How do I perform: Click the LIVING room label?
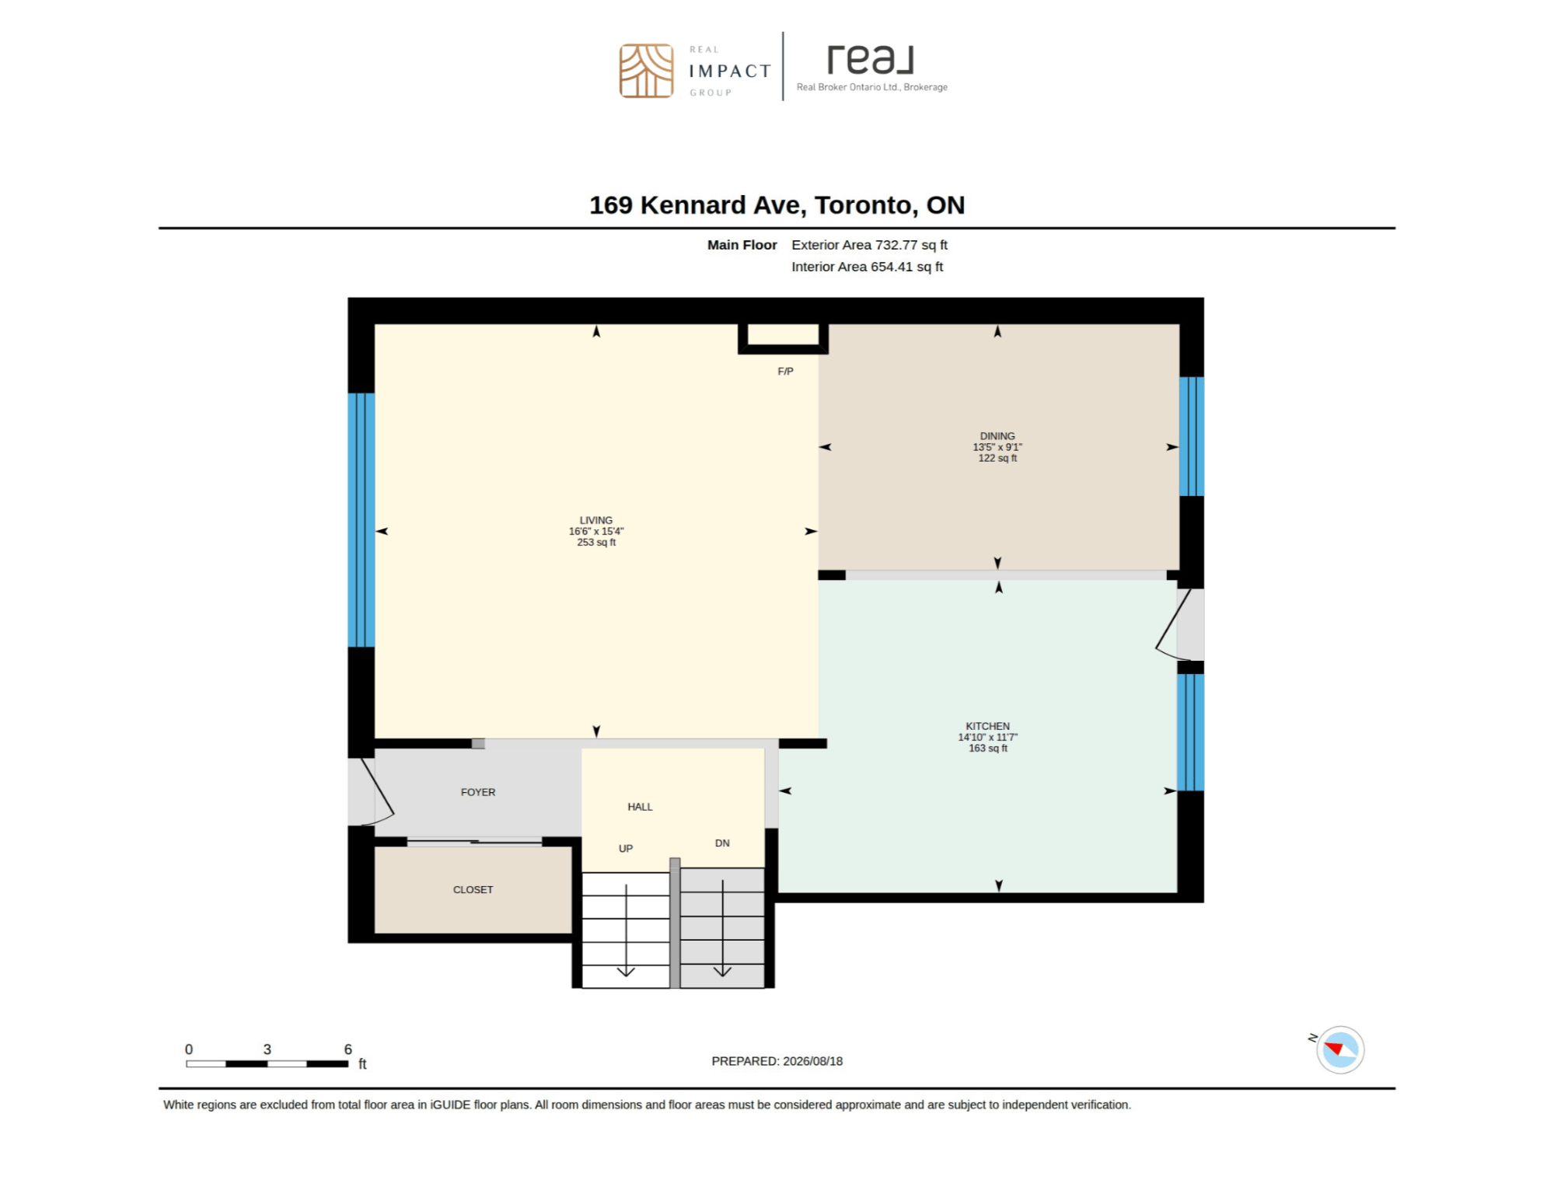coord(595,520)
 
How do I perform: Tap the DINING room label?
coord(997,436)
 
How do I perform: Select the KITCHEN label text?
coord(987,726)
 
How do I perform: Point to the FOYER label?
coord(477,792)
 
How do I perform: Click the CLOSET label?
coord(473,889)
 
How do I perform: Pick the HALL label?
coord(640,807)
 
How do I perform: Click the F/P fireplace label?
coord(785,372)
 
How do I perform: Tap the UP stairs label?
coord(626,848)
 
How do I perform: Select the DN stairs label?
coord(722,843)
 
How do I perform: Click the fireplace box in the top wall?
coord(783,338)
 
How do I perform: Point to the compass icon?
coord(1339,1049)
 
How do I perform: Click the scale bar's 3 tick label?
coord(267,1049)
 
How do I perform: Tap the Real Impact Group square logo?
coord(646,71)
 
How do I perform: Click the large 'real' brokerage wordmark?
coord(870,59)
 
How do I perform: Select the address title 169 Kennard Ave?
coord(777,205)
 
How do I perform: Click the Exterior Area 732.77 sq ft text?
coord(869,245)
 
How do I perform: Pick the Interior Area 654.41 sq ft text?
coord(867,267)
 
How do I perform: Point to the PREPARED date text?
coord(777,1061)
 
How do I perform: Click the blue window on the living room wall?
coord(361,520)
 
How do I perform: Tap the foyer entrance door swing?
coord(377,791)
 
